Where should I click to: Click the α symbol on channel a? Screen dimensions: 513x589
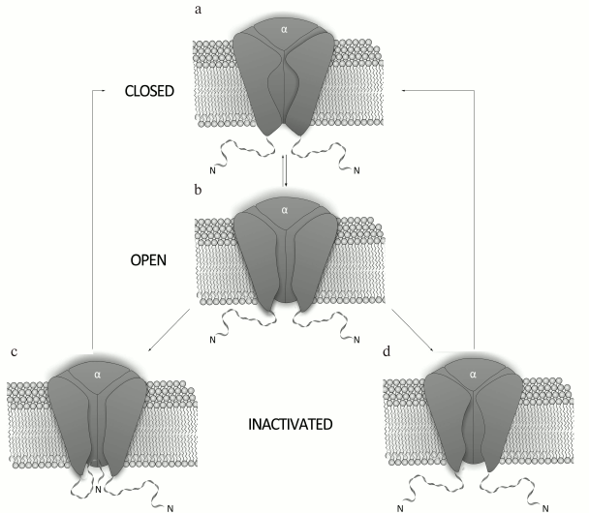(x=284, y=30)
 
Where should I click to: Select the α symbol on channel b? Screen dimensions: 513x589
(x=285, y=209)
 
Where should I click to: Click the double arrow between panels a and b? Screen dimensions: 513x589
(x=285, y=172)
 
